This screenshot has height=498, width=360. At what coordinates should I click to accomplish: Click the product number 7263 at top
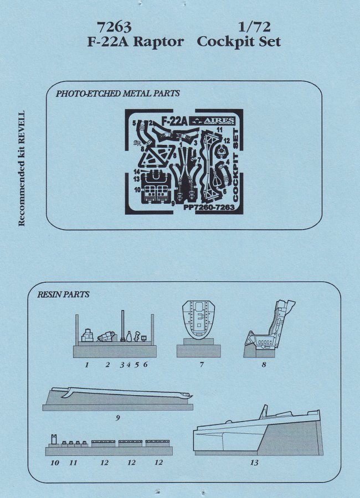[x=115, y=27]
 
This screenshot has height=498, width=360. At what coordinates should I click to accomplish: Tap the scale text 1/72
[x=254, y=27]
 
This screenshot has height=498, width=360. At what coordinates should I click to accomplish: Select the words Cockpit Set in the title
[x=239, y=41]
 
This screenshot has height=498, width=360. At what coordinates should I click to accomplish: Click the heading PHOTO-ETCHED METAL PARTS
[x=117, y=94]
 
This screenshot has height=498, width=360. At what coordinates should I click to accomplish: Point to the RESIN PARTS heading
[x=63, y=294]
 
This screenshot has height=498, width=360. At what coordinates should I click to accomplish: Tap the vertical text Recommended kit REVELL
[x=21, y=169]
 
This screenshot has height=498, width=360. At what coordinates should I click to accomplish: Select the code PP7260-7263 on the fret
[x=209, y=207]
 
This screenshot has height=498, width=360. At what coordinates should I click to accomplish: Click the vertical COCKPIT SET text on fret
[x=235, y=165]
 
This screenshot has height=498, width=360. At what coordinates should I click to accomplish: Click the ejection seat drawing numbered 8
[x=269, y=328]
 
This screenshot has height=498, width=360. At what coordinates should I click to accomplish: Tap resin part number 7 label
[x=202, y=364]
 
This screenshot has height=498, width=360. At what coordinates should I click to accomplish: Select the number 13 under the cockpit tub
[x=254, y=463]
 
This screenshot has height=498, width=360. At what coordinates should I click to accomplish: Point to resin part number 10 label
[x=55, y=463]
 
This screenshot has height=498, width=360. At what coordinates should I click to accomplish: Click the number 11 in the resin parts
[x=73, y=463]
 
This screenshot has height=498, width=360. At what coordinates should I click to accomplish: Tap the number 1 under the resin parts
[x=86, y=365]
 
